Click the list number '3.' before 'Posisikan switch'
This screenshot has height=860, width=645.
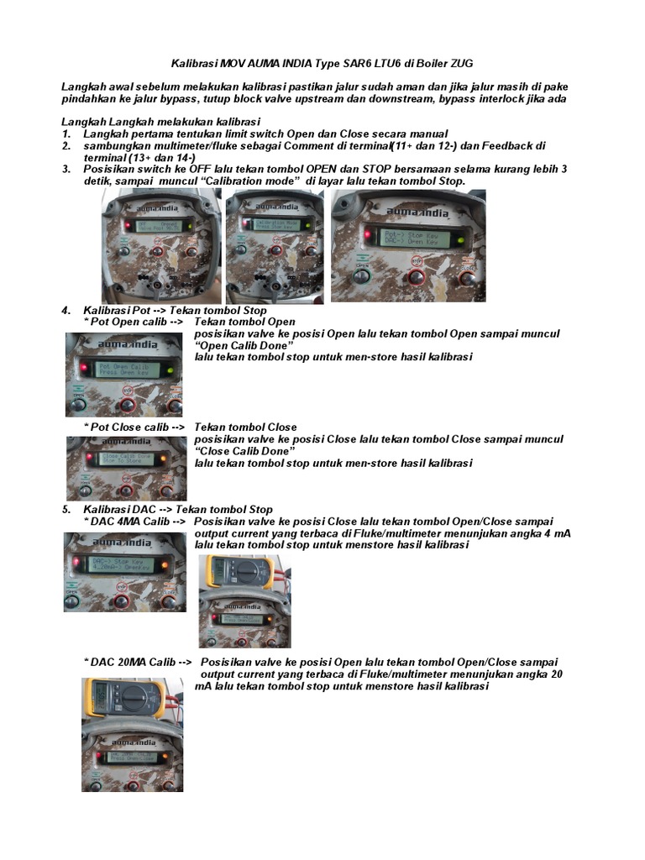click(x=66, y=170)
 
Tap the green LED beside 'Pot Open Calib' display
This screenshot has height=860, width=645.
click(x=170, y=370)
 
